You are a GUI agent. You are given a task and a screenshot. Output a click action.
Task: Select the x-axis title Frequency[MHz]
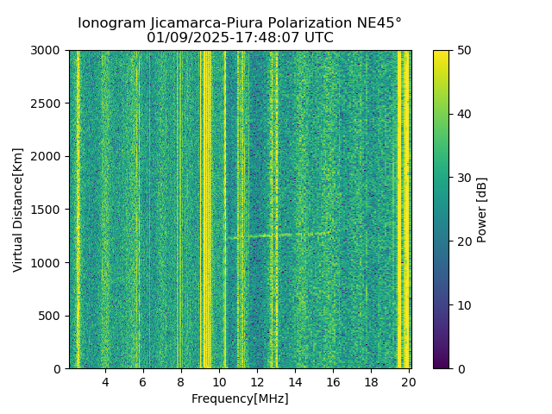click(240, 398)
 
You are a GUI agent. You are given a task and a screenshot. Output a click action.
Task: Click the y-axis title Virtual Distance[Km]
click(18, 210)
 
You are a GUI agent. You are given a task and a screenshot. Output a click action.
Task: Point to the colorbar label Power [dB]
click(482, 210)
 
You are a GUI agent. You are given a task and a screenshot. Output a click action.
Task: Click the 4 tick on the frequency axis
click(105, 382)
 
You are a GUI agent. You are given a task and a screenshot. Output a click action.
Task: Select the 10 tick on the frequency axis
click(219, 382)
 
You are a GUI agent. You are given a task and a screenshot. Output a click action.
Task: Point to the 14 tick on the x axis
click(295, 382)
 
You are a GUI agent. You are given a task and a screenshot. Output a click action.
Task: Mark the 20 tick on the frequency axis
click(408, 382)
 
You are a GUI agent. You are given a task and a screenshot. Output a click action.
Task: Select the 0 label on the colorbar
click(459, 368)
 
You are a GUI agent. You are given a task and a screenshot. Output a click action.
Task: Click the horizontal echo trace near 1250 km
click(276, 235)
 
